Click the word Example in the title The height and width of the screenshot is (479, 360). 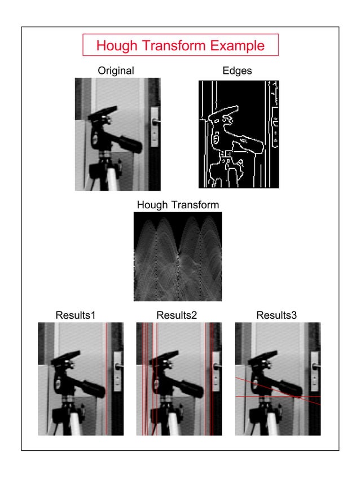click(x=236, y=46)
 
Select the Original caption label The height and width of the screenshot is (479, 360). click(x=116, y=71)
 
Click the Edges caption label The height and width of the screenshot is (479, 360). click(x=238, y=71)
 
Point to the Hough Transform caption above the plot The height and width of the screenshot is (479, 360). click(x=178, y=205)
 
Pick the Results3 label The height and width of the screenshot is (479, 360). click(x=276, y=315)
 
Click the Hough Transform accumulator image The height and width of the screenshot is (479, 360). click(x=178, y=257)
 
